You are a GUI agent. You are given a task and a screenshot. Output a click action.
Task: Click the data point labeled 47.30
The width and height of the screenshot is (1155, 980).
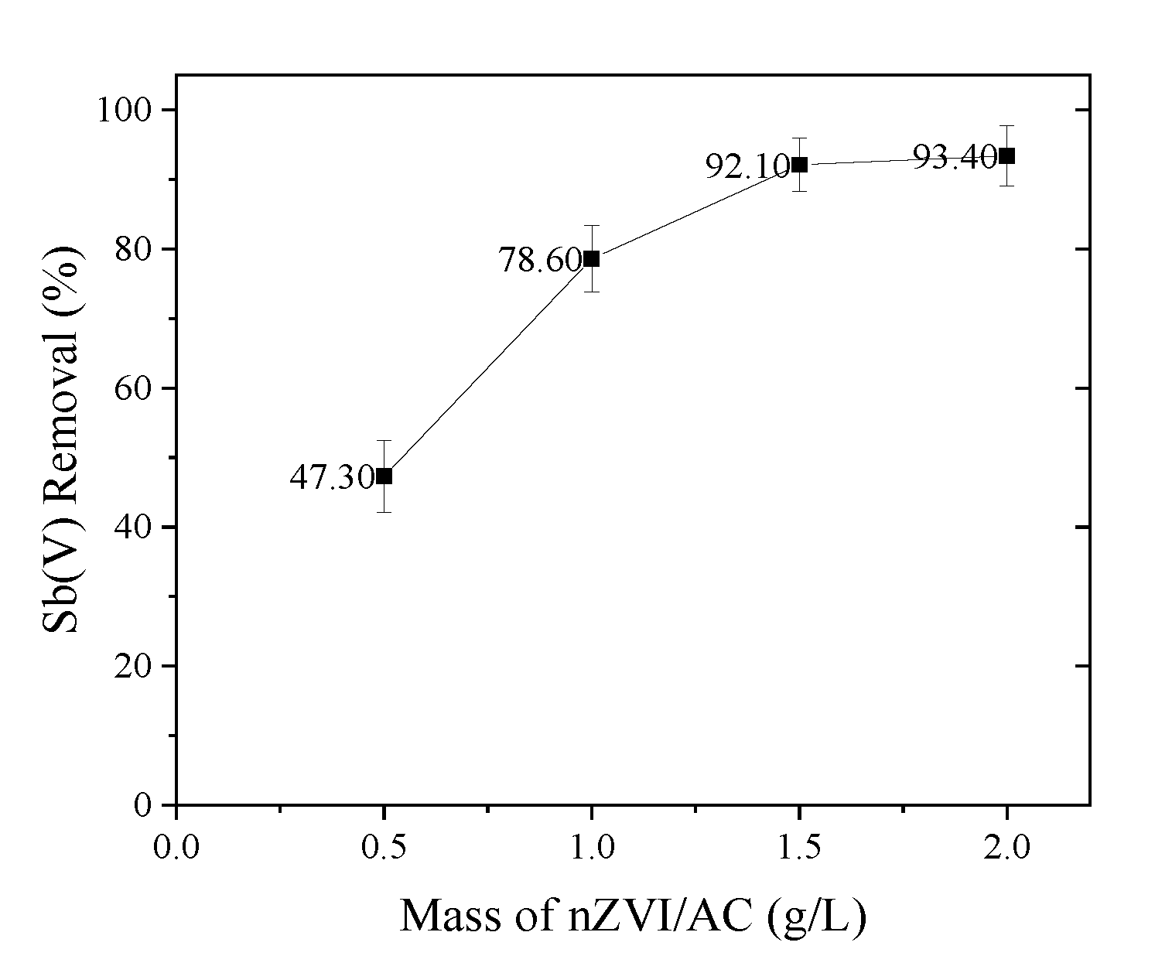384,476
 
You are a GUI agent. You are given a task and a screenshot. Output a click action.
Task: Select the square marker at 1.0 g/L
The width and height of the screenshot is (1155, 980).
591,258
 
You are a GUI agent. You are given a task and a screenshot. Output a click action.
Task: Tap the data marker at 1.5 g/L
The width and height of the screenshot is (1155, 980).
799,165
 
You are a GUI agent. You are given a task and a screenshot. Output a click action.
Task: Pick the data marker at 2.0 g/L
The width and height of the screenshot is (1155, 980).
1006,156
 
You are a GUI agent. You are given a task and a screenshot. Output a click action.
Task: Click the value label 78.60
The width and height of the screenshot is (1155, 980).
538,261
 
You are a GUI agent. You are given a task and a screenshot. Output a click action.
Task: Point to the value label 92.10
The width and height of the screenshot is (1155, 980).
746,166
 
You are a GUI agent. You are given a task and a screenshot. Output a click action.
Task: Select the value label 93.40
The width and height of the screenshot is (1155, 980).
954,158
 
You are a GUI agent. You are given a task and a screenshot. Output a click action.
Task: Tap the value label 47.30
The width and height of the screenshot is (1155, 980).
331,478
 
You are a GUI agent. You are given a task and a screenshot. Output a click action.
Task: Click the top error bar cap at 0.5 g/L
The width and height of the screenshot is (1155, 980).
384,440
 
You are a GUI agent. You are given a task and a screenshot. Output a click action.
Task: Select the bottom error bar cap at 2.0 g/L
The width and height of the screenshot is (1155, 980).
1006,186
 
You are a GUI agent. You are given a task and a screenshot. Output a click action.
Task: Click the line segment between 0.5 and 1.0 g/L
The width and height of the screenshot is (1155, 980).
487,367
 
